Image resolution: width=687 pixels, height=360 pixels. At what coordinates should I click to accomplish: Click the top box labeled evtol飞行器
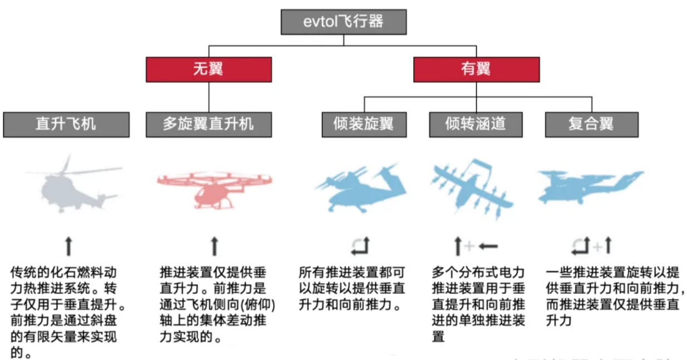click(343, 22)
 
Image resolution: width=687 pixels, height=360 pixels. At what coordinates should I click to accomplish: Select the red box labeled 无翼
click(209, 69)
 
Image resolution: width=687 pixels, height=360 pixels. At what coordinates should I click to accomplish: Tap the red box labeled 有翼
click(476, 69)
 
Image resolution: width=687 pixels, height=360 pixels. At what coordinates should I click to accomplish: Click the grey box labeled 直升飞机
click(66, 124)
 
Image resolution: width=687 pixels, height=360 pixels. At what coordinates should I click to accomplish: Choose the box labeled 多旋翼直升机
click(209, 124)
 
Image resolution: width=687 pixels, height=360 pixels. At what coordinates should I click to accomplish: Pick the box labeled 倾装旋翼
click(364, 124)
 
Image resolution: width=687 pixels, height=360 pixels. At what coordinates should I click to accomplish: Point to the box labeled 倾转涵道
click(476, 124)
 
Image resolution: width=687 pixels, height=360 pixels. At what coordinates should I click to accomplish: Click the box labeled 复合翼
click(591, 124)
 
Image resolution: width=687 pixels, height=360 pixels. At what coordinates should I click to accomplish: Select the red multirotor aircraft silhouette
click(214, 186)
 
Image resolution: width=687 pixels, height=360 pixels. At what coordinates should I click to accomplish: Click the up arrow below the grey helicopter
click(69, 245)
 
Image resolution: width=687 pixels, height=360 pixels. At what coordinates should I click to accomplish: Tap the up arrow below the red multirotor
click(215, 245)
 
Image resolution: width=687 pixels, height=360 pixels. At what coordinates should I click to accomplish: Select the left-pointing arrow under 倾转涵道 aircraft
click(487, 245)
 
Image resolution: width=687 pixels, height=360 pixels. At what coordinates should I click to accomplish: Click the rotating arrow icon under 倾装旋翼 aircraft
click(360, 245)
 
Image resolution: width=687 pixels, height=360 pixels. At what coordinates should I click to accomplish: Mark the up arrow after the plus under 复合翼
click(608, 245)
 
